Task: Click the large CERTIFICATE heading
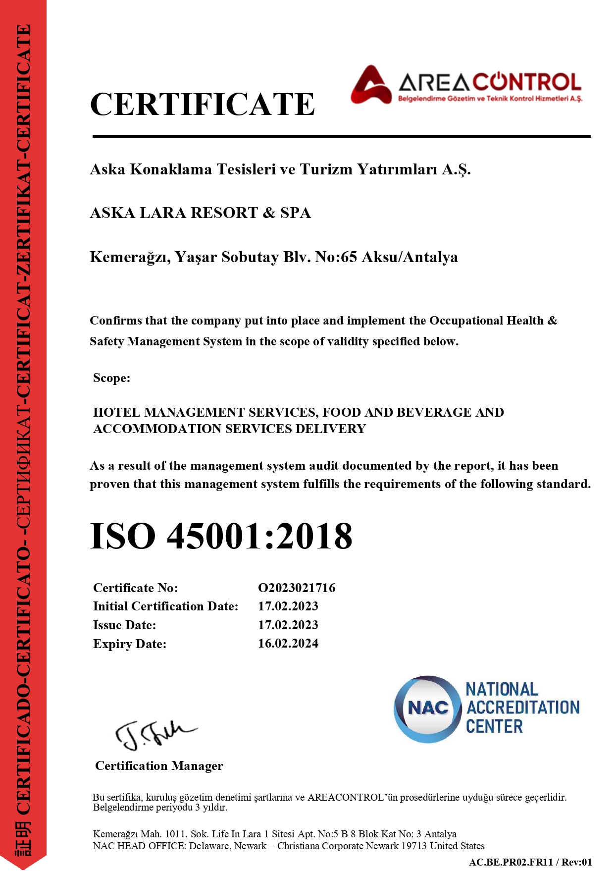[202, 105]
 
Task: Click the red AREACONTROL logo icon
[370, 85]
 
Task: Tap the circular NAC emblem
[428, 709]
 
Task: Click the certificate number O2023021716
[296, 588]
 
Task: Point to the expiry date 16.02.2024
[288, 644]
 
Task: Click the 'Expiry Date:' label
[130, 644]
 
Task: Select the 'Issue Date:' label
[124, 625]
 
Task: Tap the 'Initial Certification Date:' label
[165, 606]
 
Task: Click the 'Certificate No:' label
[135, 588]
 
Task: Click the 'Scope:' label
[111, 378]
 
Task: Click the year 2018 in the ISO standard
[314, 536]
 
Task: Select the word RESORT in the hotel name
[224, 213]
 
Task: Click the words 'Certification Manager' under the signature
[159, 766]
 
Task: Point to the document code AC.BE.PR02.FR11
[511, 862]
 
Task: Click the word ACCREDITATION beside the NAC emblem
[523, 708]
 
